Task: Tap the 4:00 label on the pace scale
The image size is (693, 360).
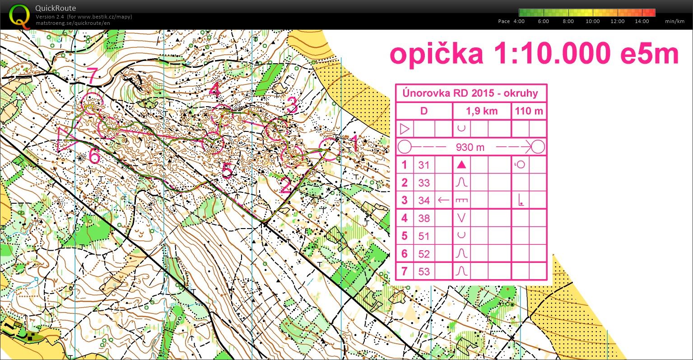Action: click(x=519, y=21)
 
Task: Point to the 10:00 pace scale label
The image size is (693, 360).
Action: click(x=592, y=21)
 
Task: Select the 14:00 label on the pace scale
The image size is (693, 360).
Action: click(x=642, y=21)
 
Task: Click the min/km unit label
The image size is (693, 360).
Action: click(x=674, y=21)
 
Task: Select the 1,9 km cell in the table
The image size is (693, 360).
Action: click(x=482, y=111)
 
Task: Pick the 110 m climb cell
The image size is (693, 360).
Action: click(x=529, y=111)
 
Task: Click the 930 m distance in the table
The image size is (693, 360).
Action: click(x=470, y=147)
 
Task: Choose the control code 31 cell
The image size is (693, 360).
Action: click(x=423, y=165)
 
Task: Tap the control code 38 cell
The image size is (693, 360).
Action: click(x=423, y=218)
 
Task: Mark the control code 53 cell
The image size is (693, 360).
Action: click(x=423, y=271)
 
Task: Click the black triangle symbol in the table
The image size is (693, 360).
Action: click(x=461, y=165)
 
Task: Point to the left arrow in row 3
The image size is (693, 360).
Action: click(x=444, y=200)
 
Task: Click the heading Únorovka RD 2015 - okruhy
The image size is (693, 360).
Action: click(x=471, y=94)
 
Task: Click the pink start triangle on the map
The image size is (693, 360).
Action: click(x=65, y=139)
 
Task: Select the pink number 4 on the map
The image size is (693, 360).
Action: click(x=215, y=91)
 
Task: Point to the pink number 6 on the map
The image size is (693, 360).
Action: click(x=94, y=156)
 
